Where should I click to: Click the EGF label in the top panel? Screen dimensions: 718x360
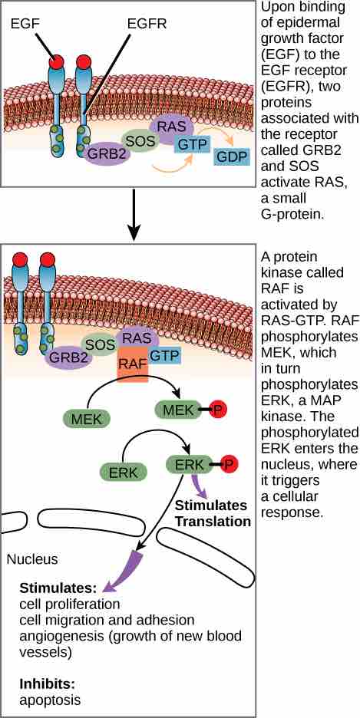pyautogui.click(x=26, y=25)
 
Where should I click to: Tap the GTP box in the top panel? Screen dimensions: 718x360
pyautogui.click(x=193, y=143)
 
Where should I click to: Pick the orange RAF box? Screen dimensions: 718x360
pyautogui.click(x=132, y=359)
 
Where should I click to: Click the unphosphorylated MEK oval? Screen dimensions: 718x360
pyautogui.click(x=87, y=419)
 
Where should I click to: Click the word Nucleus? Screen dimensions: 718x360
pyautogui.click(x=32, y=559)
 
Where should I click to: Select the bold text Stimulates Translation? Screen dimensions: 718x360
pyautogui.click(x=213, y=514)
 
